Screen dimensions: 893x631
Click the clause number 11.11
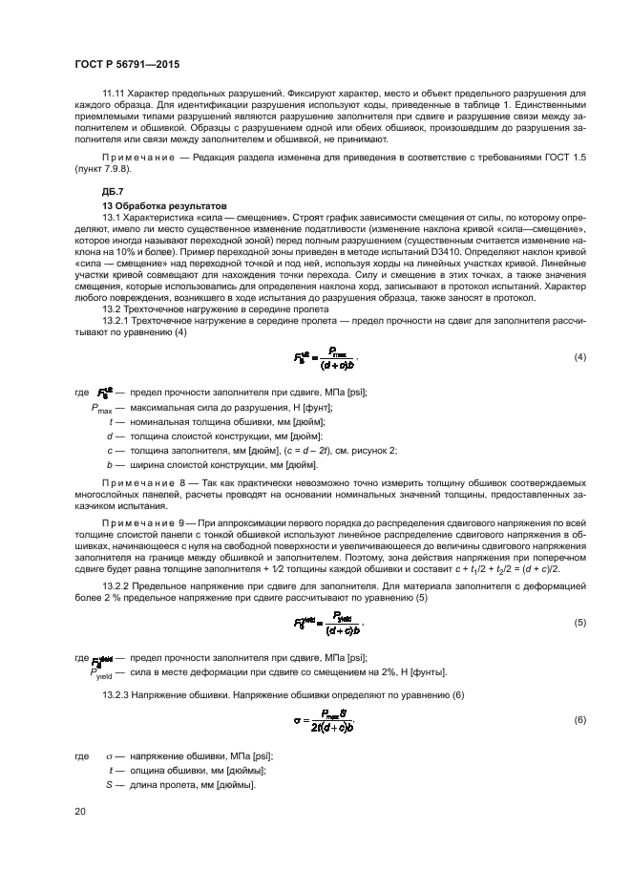tap(113, 93)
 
